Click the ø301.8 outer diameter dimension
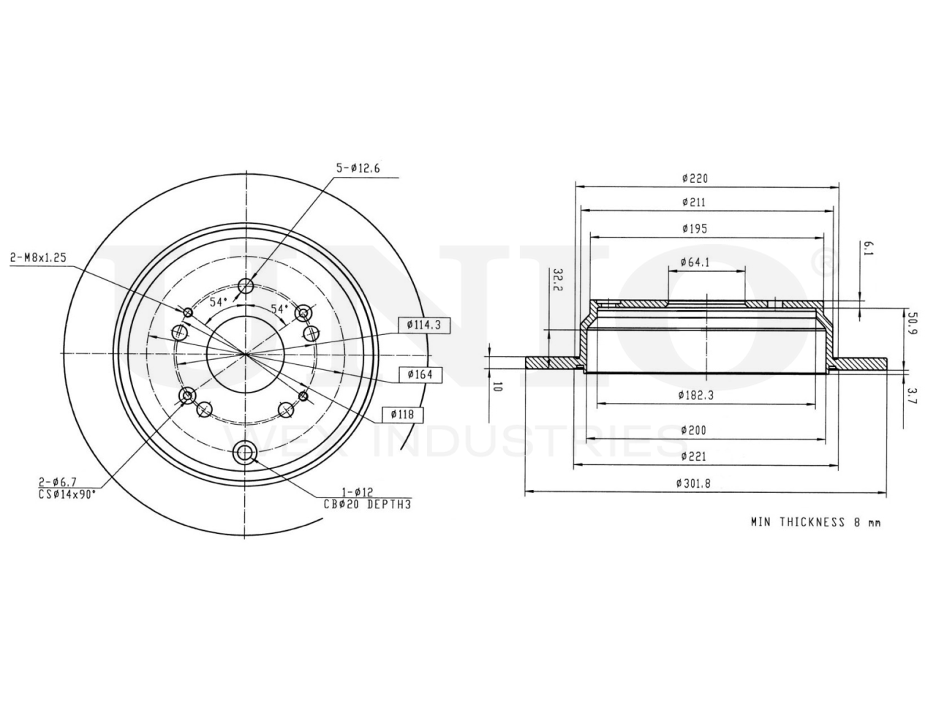(693, 483)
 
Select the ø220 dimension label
(695, 178)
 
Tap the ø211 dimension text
(693, 202)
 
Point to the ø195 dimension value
(694, 229)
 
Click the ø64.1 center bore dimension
(695, 262)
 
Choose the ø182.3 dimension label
(695, 395)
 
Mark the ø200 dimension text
(693, 430)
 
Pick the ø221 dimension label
(693, 456)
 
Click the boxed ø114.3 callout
(423, 325)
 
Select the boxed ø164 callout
(420, 374)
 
